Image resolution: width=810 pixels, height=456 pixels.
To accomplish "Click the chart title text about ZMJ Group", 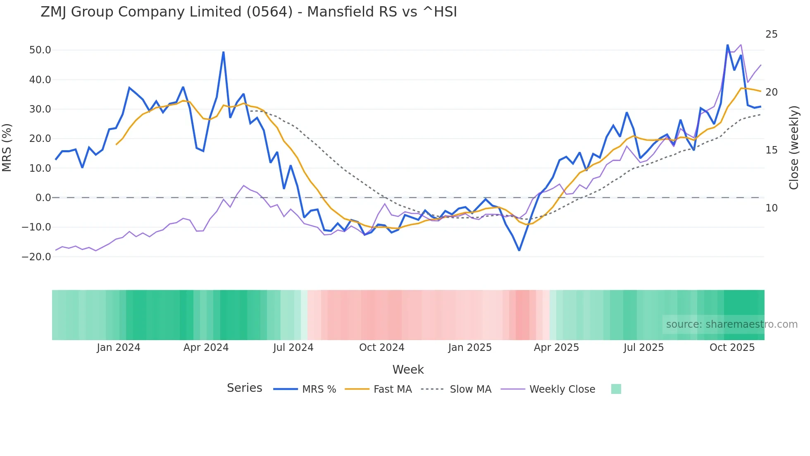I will click(x=248, y=12).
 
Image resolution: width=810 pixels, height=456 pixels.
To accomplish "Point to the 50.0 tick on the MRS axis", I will click(x=40, y=50).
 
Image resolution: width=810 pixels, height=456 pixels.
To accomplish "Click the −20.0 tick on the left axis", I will click(x=36, y=257).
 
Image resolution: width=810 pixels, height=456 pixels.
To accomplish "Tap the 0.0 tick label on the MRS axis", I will click(x=43, y=198).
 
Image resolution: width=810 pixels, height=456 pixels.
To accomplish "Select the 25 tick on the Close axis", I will click(x=771, y=34).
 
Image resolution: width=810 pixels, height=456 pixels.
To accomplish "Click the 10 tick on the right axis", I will click(x=771, y=208).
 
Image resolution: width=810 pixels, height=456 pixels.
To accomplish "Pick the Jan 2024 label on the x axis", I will click(x=119, y=348).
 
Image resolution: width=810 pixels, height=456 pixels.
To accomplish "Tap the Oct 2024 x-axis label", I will click(x=381, y=348).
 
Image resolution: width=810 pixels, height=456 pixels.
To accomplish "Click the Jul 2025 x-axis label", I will click(x=643, y=348).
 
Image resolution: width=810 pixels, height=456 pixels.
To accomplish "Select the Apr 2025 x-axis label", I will click(x=556, y=348).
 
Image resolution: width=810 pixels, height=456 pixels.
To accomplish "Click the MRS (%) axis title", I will click(x=7, y=147).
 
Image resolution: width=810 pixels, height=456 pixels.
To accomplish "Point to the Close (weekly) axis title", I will click(x=794, y=148).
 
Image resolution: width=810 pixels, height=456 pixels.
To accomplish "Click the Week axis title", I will click(x=408, y=370).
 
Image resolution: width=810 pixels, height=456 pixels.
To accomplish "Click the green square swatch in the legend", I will click(x=616, y=389).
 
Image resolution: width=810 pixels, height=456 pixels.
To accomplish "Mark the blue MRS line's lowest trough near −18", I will click(x=519, y=250).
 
